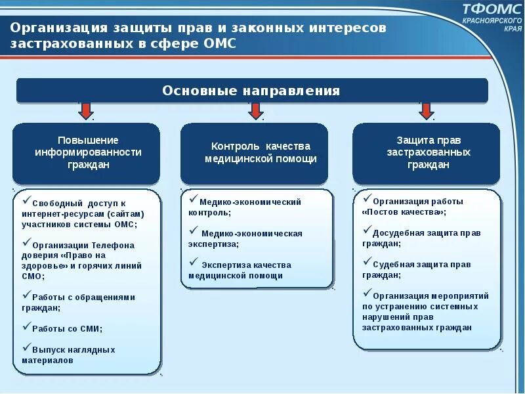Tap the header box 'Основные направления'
pos(251,91)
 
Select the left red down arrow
pos(85,110)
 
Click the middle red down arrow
pos(255,110)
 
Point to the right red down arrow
pos(427,110)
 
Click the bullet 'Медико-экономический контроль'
pos(245,207)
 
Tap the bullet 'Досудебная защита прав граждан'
pos(420,237)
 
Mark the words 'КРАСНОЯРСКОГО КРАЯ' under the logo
pos(493,25)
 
